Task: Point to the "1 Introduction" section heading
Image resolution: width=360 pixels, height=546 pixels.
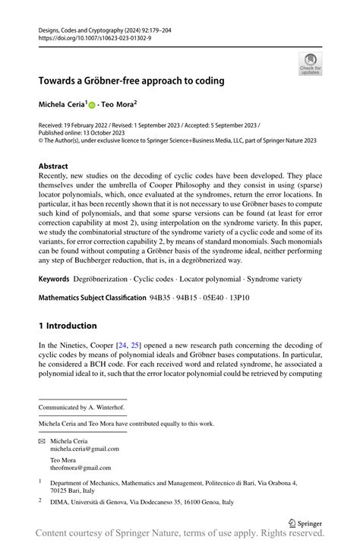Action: click(68, 326)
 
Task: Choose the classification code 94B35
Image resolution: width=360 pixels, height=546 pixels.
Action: click(159, 277)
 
